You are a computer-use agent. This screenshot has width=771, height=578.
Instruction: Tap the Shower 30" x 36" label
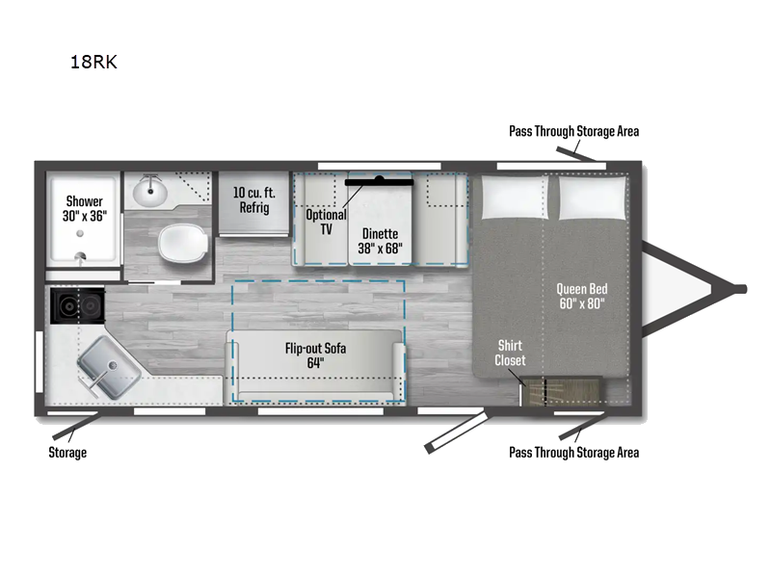tap(85, 209)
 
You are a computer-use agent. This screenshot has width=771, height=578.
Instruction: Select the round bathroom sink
tap(149, 191)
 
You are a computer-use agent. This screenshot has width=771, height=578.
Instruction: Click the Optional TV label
tap(325, 222)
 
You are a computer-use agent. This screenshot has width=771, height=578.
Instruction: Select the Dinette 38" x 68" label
tap(383, 239)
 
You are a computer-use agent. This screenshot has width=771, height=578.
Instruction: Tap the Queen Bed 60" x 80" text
tap(581, 296)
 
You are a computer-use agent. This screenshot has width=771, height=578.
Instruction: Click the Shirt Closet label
tap(510, 353)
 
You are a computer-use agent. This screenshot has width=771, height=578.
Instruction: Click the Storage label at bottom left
tap(67, 452)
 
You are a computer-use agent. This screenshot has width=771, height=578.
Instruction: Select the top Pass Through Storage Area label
tap(573, 131)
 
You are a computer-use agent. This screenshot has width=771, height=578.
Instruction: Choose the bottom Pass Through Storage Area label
tap(573, 452)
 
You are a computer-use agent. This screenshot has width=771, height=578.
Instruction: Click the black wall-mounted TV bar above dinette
tap(380, 179)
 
